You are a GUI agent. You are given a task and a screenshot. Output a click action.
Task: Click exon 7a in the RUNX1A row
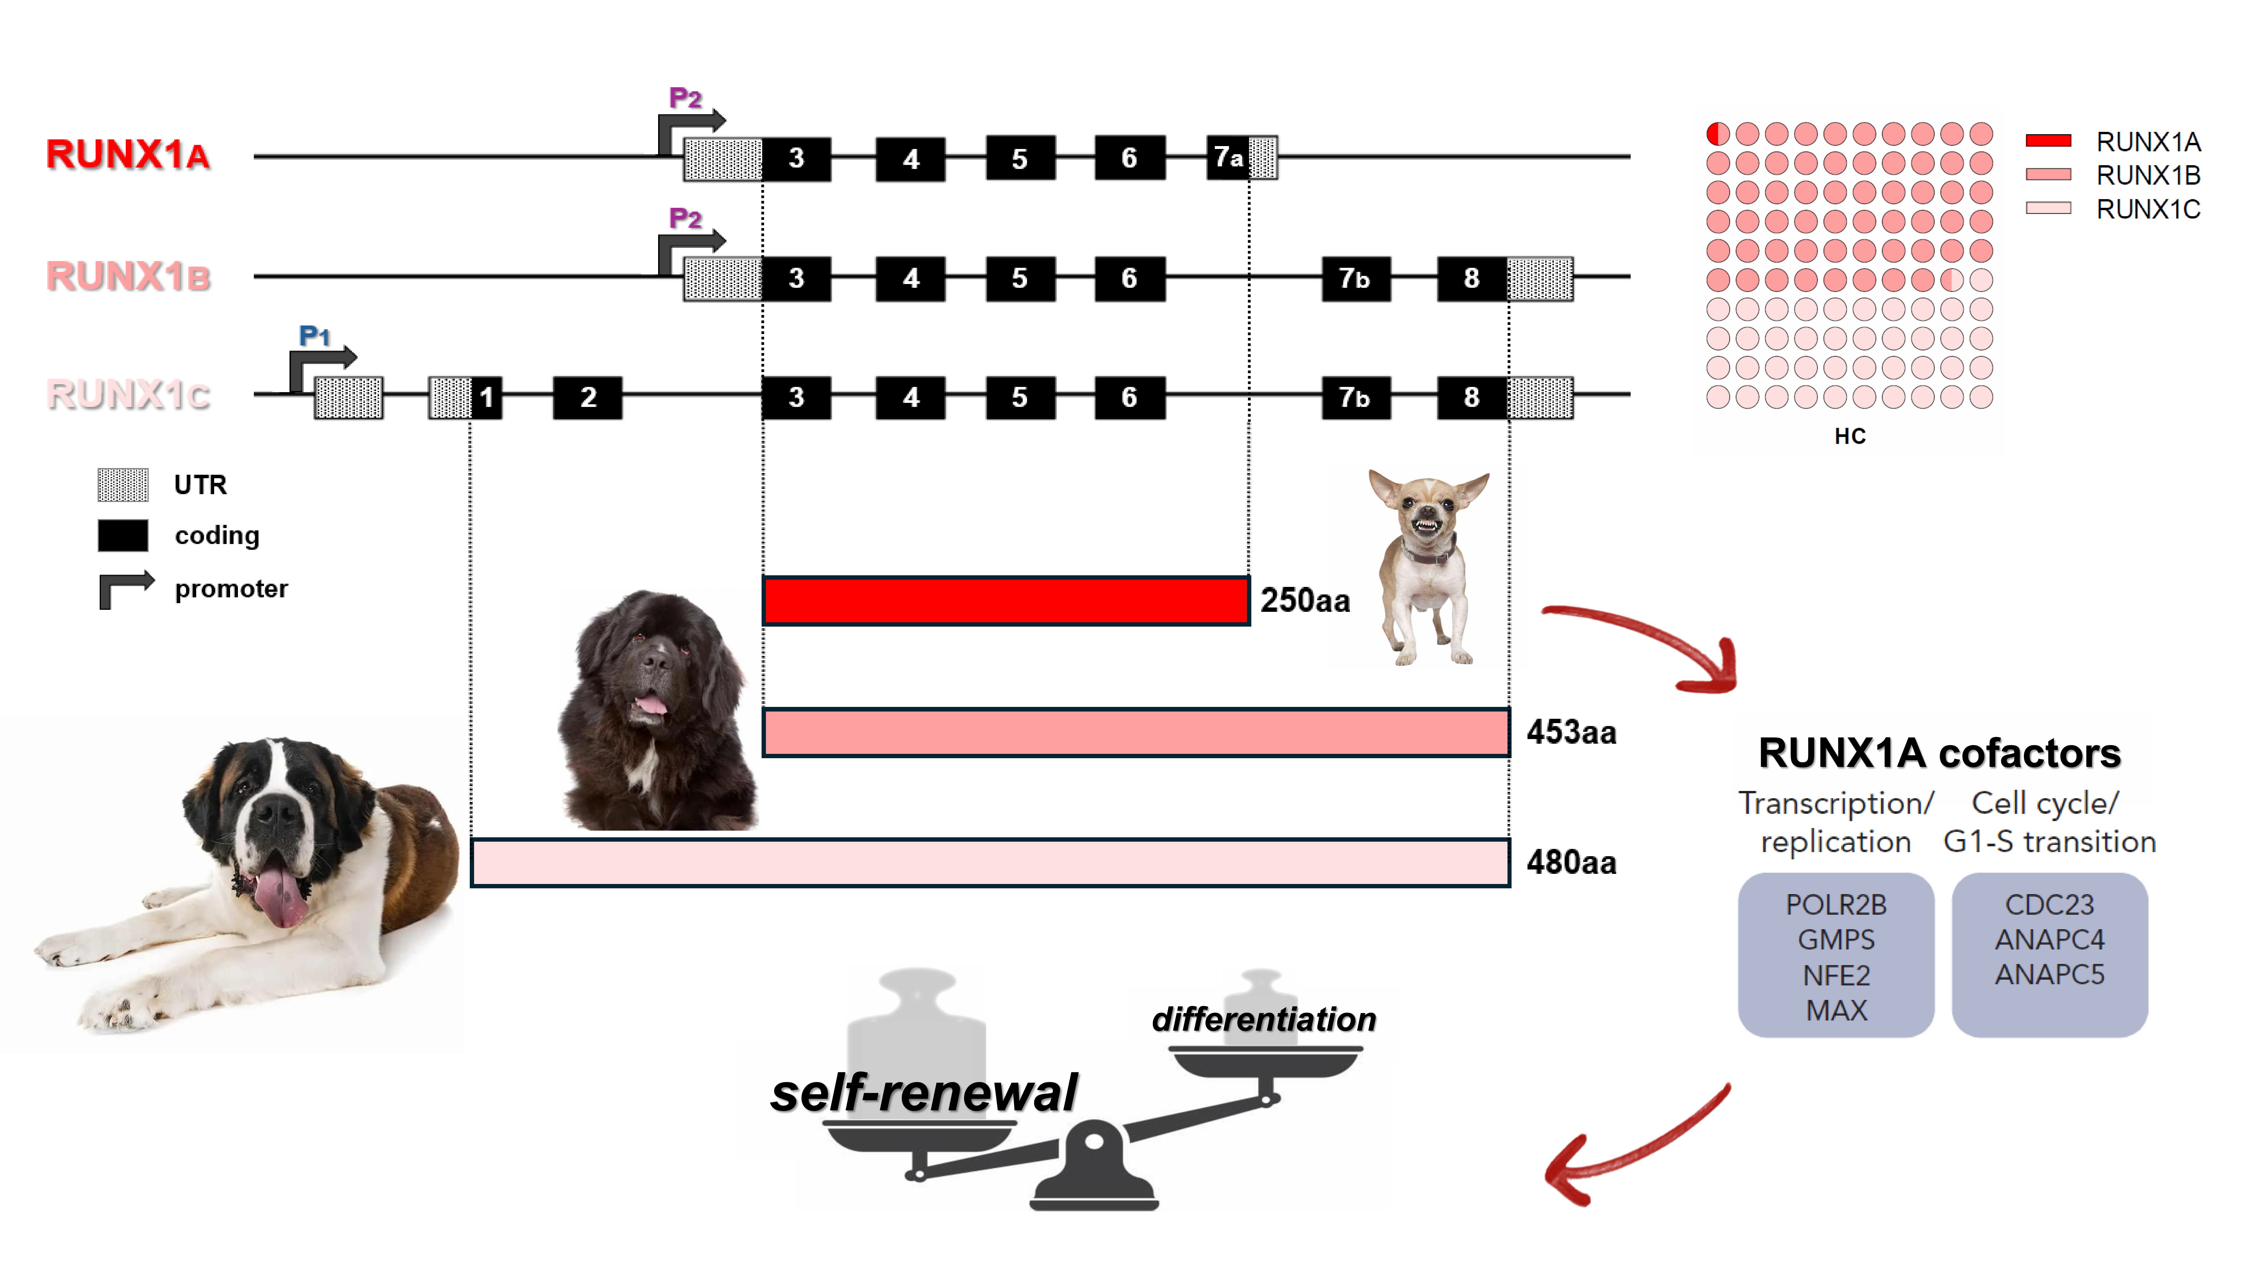1227,157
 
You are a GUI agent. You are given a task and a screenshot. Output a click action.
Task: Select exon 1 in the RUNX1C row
487,397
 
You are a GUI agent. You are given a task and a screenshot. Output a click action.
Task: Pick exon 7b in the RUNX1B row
1354,278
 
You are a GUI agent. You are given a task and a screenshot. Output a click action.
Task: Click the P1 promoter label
314,335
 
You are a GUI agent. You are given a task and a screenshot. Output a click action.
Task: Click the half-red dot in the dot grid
1718,134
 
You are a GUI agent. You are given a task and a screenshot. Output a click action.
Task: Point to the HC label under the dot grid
1850,436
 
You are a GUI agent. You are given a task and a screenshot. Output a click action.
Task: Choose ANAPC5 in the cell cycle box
2049,974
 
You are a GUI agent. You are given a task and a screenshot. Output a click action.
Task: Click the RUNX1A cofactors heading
1939,754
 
